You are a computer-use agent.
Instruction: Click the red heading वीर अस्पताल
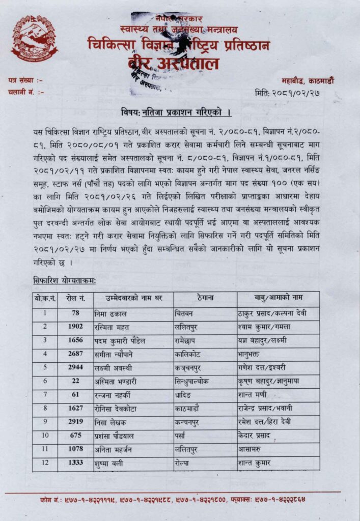point(173,64)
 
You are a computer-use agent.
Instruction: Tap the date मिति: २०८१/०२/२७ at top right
point(294,93)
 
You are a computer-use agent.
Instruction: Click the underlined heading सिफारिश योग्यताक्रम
point(64,280)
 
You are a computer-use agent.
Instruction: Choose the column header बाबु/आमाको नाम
point(279,299)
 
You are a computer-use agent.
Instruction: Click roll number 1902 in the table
point(75,326)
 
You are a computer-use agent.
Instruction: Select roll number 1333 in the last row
point(75,464)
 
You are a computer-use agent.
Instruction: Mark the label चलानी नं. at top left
point(25,92)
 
